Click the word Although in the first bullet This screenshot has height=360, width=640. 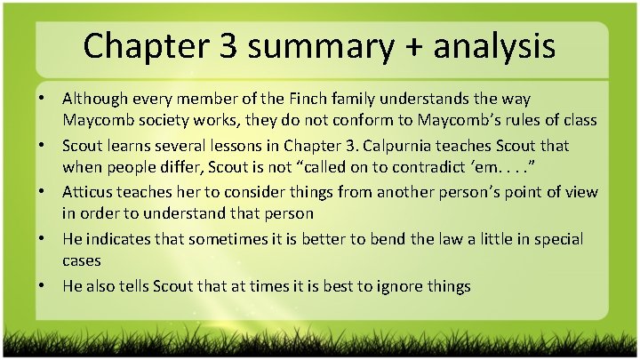pyautogui.click(x=94, y=97)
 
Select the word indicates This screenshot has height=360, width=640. pyautogui.click(x=125, y=238)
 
